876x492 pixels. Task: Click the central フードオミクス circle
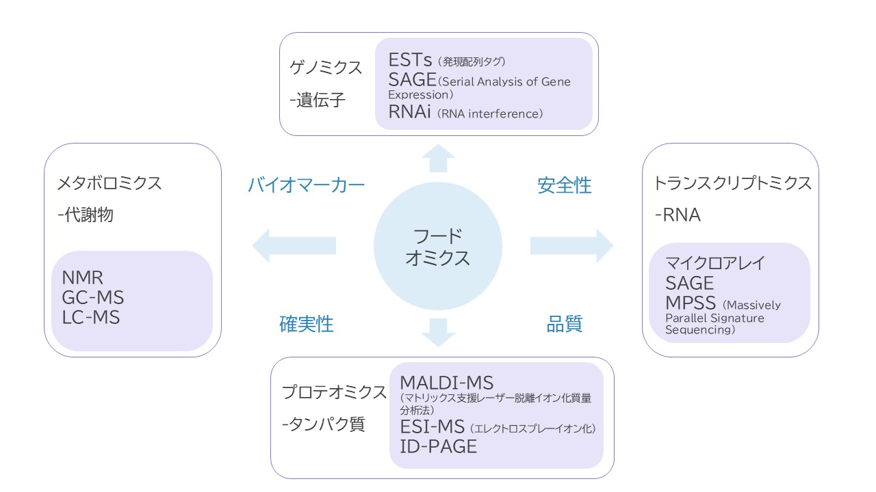[x=438, y=247]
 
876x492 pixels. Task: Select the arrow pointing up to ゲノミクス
[x=438, y=159]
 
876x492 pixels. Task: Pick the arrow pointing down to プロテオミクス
[x=438, y=332]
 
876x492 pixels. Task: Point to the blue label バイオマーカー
[x=306, y=185]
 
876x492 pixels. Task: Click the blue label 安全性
[x=565, y=185]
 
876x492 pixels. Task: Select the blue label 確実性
[x=306, y=324]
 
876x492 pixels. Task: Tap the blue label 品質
[x=565, y=324]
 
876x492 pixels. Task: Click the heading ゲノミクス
[x=326, y=68]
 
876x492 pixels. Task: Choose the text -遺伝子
[x=318, y=100]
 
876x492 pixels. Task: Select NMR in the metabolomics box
[x=82, y=278]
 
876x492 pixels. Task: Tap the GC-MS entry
[x=93, y=298]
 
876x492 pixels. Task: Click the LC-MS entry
[x=91, y=318]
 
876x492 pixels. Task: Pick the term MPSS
[x=691, y=303]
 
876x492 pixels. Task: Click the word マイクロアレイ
[x=714, y=263]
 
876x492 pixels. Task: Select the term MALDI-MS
[x=446, y=383]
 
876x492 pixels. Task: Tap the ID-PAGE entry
[x=438, y=447]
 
